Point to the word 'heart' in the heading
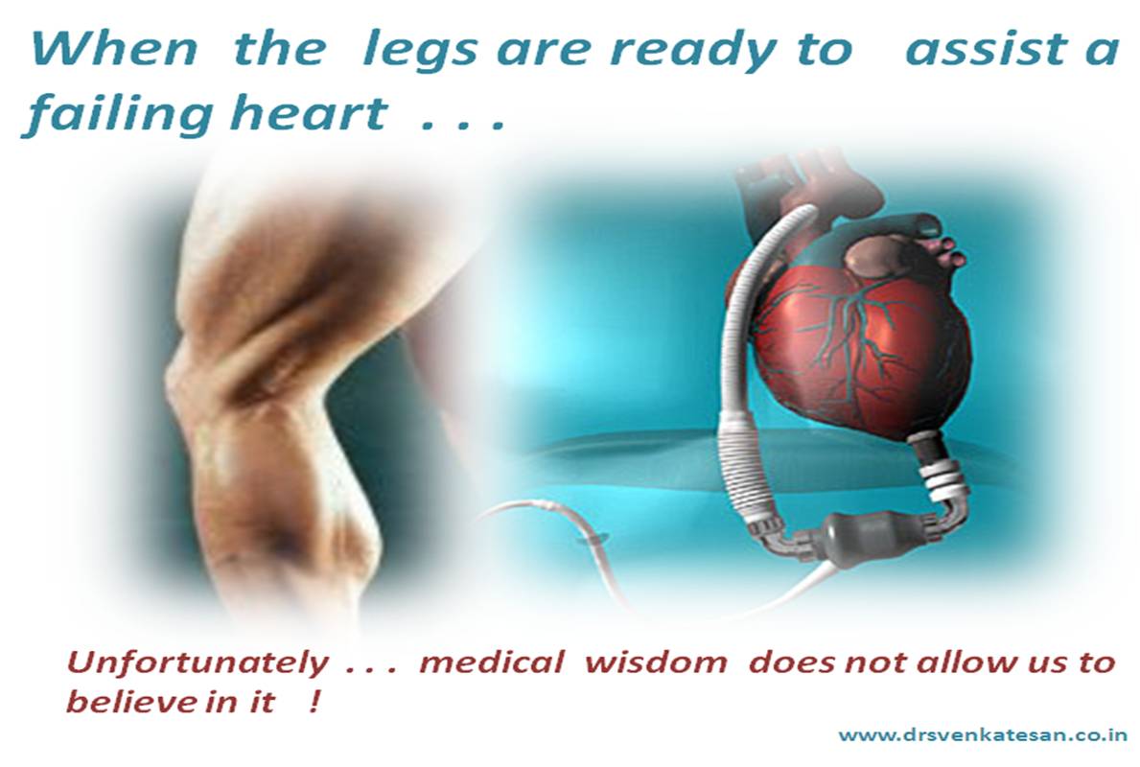point(309,113)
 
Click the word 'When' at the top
point(114,49)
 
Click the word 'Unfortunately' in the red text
point(197,663)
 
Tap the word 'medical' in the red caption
point(491,662)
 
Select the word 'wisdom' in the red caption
point(656,662)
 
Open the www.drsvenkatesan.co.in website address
point(982,735)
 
